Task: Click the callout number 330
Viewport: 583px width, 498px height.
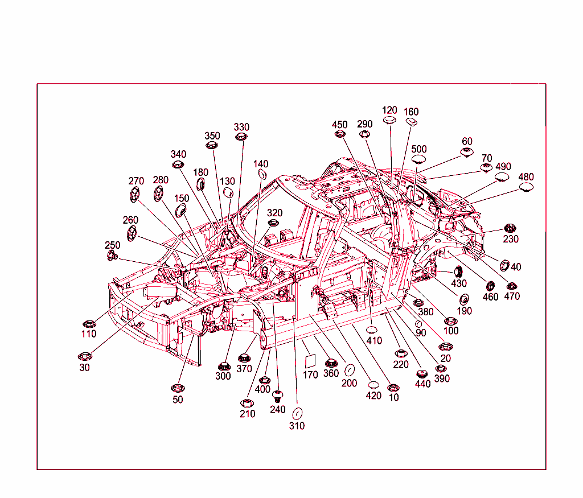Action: [241, 127]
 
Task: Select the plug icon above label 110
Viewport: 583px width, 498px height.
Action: [89, 324]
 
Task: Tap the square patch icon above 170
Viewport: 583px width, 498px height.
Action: [310, 361]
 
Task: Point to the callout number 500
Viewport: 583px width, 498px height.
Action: [418, 149]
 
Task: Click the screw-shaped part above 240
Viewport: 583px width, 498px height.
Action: [277, 396]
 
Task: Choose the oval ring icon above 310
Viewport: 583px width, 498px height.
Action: [297, 413]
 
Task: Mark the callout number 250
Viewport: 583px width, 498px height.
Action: [112, 245]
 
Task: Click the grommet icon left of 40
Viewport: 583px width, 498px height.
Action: [504, 265]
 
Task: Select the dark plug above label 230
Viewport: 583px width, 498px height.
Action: [510, 228]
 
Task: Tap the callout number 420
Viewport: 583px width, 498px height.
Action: [373, 396]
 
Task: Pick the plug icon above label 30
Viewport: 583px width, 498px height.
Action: [85, 356]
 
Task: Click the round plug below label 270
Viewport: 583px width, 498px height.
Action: [134, 194]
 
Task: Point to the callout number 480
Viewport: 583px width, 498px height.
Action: [525, 177]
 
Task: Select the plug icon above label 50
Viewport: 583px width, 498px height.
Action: [178, 388]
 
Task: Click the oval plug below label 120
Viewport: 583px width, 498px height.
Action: [389, 120]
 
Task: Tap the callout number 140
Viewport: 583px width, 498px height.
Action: [261, 164]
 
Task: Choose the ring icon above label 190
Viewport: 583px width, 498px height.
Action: [463, 299]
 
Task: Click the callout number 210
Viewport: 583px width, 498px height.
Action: [247, 414]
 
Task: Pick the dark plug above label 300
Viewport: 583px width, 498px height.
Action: [224, 366]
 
